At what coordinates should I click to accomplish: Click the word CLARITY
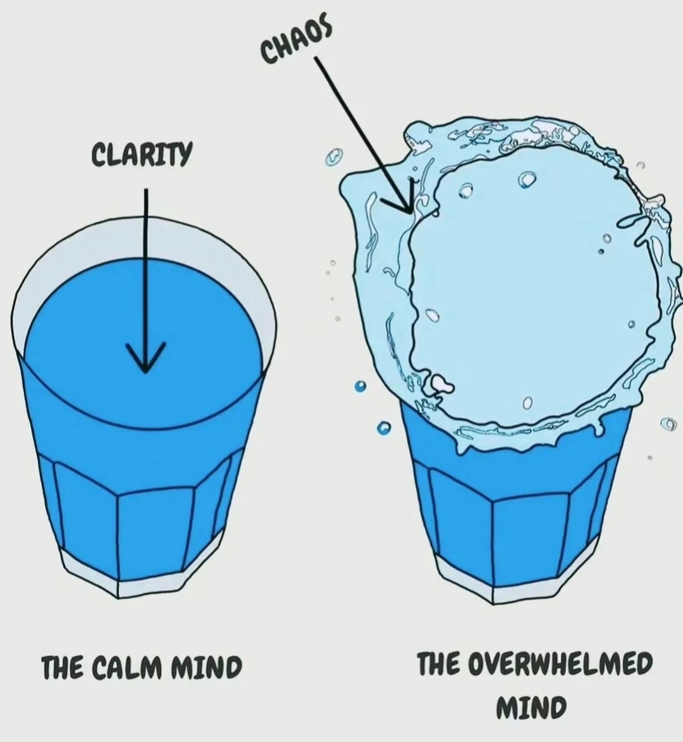pyautogui.click(x=141, y=154)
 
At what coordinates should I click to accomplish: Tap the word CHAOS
pyautogui.click(x=296, y=41)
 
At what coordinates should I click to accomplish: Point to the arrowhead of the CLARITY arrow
pyautogui.click(x=145, y=360)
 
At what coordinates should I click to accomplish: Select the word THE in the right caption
pyautogui.click(x=439, y=664)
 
